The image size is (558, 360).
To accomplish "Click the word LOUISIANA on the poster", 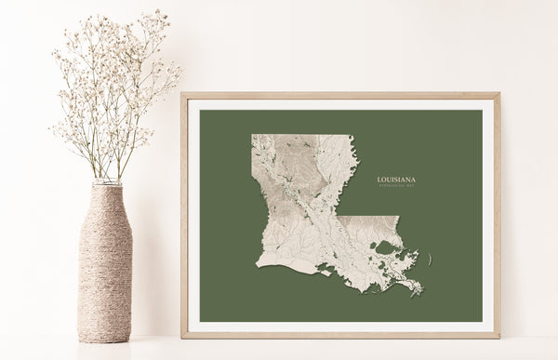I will (x=396, y=179).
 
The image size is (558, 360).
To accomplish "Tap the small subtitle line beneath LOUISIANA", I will (x=396, y=186).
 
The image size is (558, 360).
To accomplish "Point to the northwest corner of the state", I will (x=253, y=136).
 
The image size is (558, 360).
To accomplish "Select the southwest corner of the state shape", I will (x=258, y=269).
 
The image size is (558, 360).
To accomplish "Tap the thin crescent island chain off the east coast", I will (x=430, y=259).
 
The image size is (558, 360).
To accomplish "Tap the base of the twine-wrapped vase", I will (x=104, y=337).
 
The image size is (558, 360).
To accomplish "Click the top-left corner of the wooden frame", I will (x=183, y=94).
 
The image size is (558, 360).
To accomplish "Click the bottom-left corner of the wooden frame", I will (x=183, y=336).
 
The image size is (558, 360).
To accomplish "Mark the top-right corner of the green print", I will (x=482, y=111).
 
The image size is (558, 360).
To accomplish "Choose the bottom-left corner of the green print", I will (x=200, y=322).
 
